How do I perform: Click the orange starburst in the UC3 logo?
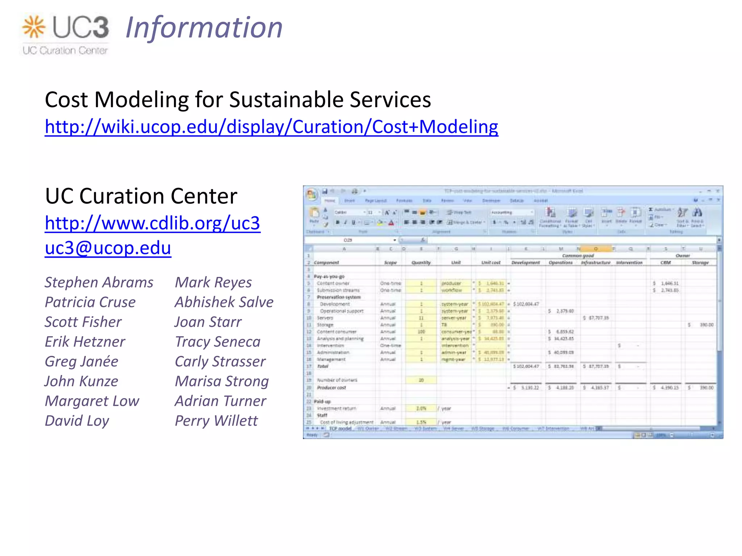pyautogui.click(x=34, y=27)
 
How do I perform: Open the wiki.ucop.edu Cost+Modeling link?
pyautogui.click(x=271, y=127)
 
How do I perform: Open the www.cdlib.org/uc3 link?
pyautogui.click(x=153, y=223)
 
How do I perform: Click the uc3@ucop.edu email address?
pyautogui.click(x=108, y=248)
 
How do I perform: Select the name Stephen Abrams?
pyautogui.click(x=99, y=282)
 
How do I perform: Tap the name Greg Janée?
pyautogui.click(x=82, y=361)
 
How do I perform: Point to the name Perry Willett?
pyautogui.click(x=216, y=421)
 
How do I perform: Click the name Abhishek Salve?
pyautogui.click(x=224, y=302)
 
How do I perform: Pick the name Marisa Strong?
pyautogui.click(x=222, y=381)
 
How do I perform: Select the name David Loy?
pyautogui.click(x=77, y=421)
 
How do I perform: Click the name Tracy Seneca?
pyautogui.click(x=217, y=342)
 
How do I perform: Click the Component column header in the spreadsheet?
pyautogui.click(x=326, y=262)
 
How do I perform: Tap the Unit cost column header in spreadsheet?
pyautogui.click(x=491, y=262)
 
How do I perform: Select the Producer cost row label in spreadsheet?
pyautogui.click(x=332, y=387)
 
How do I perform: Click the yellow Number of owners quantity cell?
pyautogui.click(x=421, y=380)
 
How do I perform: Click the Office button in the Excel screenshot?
pyautogui.click(x=311, y=194)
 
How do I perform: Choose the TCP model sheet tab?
pyautogui.click(x=340, y=429)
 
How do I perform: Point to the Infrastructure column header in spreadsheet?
pyautogui.click(x=596, y=262)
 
